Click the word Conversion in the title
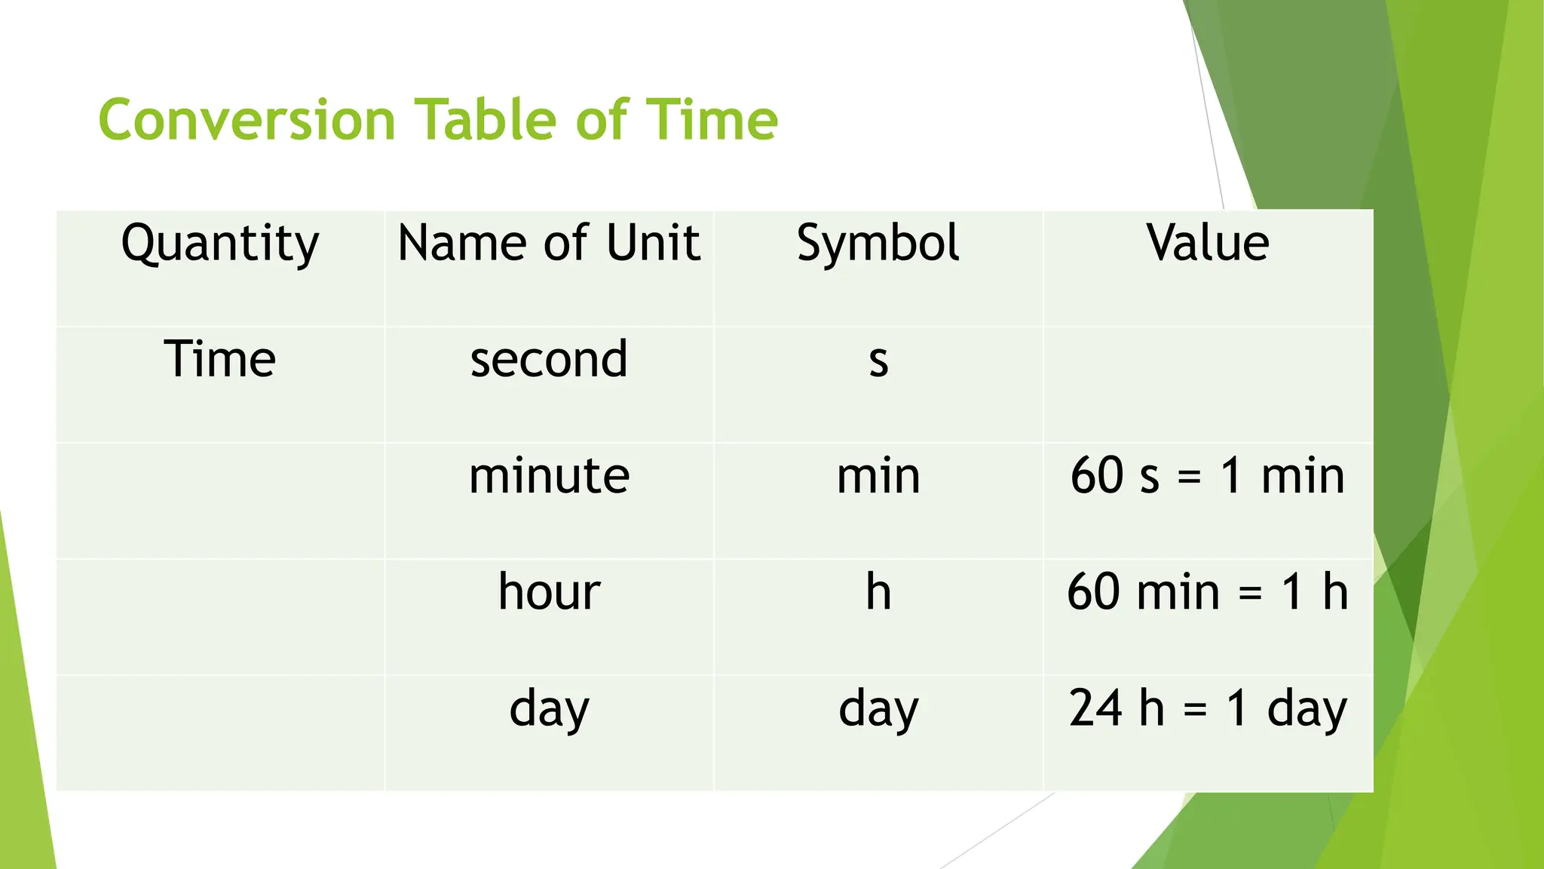(247, 120)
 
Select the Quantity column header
(220, 244)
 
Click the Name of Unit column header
(549, 243)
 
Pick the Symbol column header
(878, 244)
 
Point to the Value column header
(1208, 243)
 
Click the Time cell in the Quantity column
(220, 359)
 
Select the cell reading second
(549, 359)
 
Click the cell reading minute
(549, 476)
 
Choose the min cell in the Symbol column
(878, 476)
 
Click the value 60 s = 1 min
(1208, 476)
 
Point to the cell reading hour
(549, 591)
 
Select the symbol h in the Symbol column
(878, 591)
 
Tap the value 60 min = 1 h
(1208, 591)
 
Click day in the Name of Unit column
(549, 709)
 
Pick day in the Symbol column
(878, 709)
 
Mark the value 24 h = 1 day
(1208, 709)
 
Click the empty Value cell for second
(1208, 384)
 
